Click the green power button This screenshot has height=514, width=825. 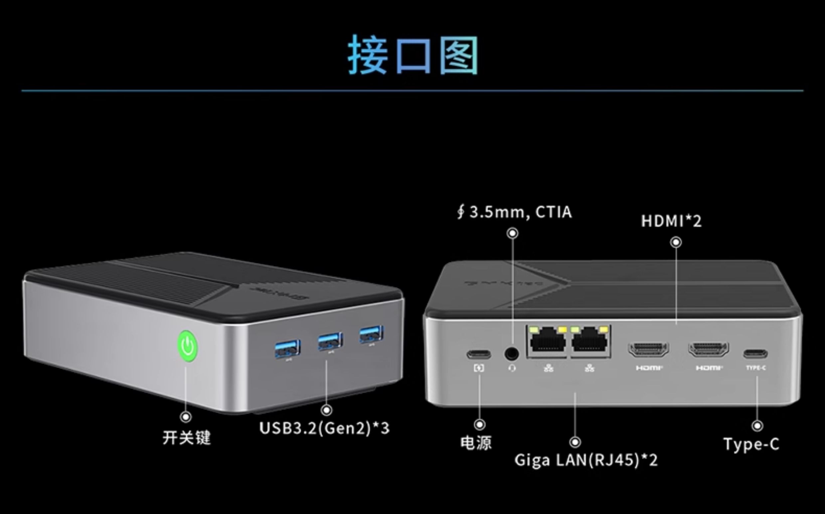point(188,346)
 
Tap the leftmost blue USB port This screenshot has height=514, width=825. point(287,348)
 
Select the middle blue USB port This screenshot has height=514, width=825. point(330,341)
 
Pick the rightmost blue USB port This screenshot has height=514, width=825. point(372,334)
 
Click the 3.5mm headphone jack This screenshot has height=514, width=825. point(512,354)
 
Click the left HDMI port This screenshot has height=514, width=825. point(649,350)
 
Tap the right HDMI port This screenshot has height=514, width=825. point(709,350)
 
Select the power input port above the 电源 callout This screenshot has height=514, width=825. point(479,355)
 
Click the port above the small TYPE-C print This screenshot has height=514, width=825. point(755,354)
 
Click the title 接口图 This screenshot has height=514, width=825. point(413,55)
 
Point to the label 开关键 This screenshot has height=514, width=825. point(187,437)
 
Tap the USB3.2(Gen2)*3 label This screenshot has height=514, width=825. point(324,428)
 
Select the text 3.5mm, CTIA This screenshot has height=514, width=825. point(521,212)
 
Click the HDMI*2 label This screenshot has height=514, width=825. point(671,221)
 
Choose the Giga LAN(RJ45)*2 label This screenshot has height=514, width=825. point(586,460)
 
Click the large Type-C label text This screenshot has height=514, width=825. point(751,444)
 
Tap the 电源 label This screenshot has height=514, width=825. point(476,443)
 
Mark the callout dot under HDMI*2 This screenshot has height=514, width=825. point(676,242)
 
